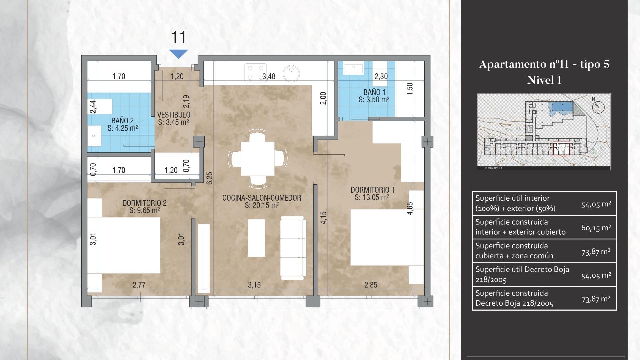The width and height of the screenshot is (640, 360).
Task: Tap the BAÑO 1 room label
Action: [374, 92]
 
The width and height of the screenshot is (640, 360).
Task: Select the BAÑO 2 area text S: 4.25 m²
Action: [122, 128]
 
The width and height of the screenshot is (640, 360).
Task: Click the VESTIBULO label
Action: [173, 115]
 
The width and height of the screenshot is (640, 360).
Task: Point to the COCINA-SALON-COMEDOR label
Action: [262, 198]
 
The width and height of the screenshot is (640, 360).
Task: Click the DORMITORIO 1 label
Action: [372, 190]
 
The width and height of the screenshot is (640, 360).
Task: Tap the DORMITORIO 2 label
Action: [144, 203]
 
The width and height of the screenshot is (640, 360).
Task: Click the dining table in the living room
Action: [257, 159]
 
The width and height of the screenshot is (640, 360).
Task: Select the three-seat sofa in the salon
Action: [293, 248]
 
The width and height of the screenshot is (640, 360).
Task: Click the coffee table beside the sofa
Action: [256, 238]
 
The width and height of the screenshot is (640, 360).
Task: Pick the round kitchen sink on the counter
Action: [291, 73]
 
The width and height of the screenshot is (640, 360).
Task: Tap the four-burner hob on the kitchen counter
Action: [255, 73]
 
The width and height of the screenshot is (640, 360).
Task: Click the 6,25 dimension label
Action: [209, 178]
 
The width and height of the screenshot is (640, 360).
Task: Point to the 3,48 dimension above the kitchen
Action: [269, 76]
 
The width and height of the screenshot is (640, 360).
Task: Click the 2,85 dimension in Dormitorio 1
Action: [371, 285]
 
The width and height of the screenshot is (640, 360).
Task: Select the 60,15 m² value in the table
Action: [596, 228]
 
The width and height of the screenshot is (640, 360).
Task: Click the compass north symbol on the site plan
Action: [598, 106]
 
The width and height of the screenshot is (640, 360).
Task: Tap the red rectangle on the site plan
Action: [561, 149]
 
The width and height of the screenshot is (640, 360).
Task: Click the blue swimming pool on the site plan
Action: [562, 107]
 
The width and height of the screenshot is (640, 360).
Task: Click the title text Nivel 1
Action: [544, 80]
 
